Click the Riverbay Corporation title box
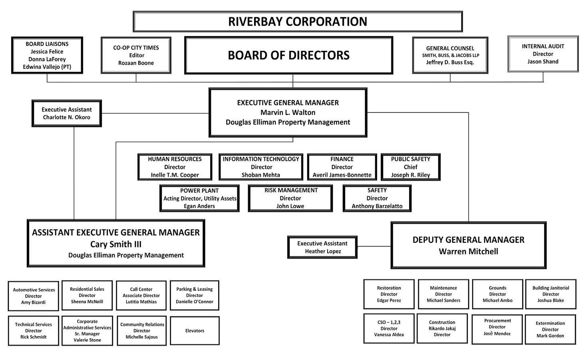tap(297, 22)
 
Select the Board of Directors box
tap(289, 55)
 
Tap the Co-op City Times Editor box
tap(136, 55)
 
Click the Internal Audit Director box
tap(543, 54)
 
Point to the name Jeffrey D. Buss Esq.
tap(450, 62)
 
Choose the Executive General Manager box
tap(288, 113)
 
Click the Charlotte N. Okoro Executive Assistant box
tap(67, 113)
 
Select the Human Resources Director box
tap(175, 167)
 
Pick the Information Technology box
tap(261, 167)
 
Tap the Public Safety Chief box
tap(410, 167)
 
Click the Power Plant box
tap(199, 198)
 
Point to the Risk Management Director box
tap(290, 198)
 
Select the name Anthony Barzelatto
tap(377, 206)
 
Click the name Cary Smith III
tap(116, 244)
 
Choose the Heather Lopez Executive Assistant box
tap(322, 247)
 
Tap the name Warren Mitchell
tap(468, 251)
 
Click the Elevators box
tap(195, 331)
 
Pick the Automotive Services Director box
tap(34, 296)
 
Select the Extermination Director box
tap(550, 330)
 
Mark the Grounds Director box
tap(497, 294)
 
